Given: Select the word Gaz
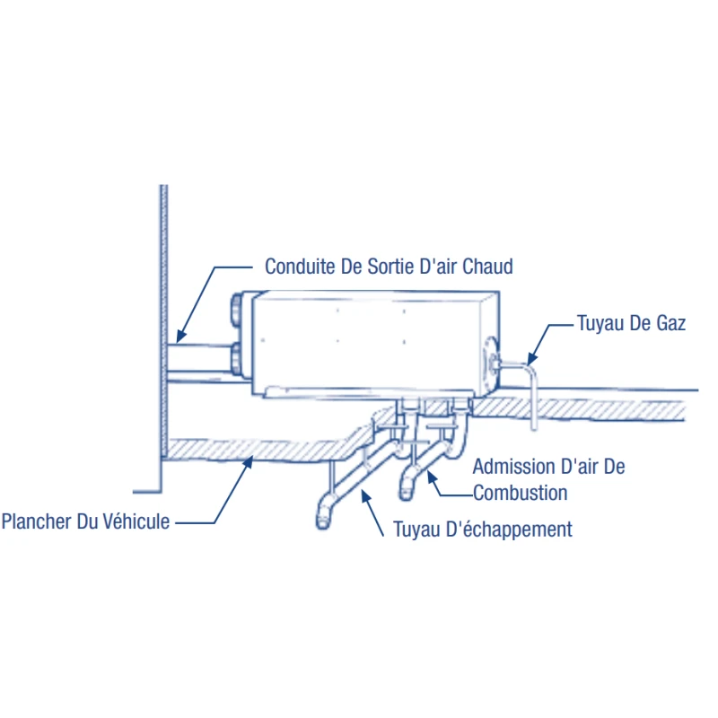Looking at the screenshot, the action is pos(670,323).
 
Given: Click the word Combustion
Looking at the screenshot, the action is pos(521,493).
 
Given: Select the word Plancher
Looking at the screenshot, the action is pos(36,521).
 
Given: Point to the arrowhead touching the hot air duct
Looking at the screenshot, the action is pos(181,337).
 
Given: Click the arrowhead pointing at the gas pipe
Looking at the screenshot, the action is pos(532,358).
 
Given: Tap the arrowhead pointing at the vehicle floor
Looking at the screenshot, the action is pos(248,461).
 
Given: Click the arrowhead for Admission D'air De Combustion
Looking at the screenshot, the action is pos(432,477).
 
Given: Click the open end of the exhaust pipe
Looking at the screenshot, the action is pos(323,522).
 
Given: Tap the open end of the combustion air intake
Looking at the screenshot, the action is pos(406,494).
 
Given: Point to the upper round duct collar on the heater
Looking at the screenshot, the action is pos(237,310).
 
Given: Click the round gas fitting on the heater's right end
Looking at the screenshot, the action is pos(491,362).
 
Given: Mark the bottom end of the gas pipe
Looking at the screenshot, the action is pos(534,428).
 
